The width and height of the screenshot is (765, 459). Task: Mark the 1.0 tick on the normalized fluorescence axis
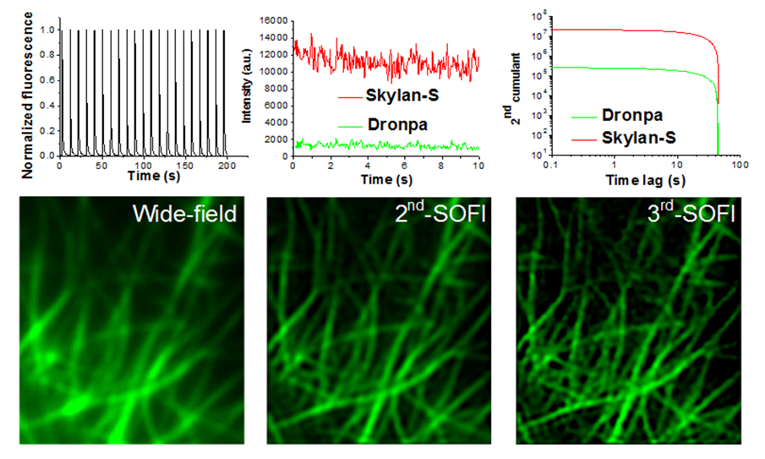tap(46, 30)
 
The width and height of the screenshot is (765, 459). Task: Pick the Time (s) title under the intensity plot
tap(385, 180)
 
